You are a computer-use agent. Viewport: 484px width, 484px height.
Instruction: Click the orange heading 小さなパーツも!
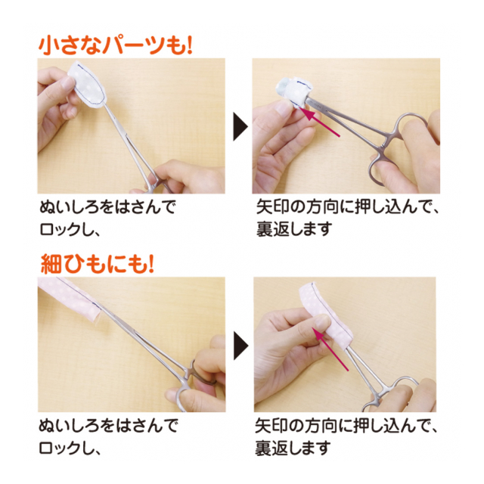(x=116, y=46)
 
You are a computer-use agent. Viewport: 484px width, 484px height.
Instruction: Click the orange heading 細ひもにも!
(x=98, y=265)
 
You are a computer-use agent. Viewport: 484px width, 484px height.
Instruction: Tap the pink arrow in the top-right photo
(x=320, y=121)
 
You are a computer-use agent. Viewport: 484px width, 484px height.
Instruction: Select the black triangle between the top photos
(x=240, y=126)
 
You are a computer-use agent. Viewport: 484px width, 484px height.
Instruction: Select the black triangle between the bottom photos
(x=240, y=346)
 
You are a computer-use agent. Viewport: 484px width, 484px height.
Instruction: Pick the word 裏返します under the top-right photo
(x=293, y=229)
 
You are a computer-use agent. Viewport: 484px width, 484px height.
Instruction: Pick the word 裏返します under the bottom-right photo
(x=293, y=448)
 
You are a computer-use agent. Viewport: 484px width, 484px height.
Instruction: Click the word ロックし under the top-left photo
(x=64, y=229)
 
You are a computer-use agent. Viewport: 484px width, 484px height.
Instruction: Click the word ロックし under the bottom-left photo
(x=64, y=448)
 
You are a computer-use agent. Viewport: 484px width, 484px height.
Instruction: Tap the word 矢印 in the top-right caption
(x=272, y=207)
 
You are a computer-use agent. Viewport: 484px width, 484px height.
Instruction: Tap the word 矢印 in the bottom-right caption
(x=271, y=427)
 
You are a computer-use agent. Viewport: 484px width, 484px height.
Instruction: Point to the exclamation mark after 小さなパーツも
(x=188, y=46)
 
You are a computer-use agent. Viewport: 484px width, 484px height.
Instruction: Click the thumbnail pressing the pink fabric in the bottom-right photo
(x=323, y=321)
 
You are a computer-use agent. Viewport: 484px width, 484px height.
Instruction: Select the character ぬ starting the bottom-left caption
(x=47, y=426)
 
